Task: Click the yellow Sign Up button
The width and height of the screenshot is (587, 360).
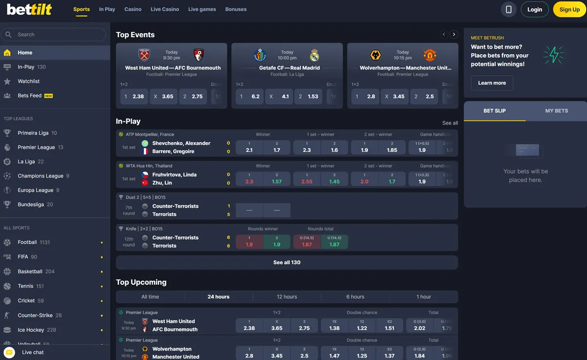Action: [569, 9]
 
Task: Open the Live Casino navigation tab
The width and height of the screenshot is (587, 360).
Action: [165, 9]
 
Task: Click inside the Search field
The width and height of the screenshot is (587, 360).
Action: [59, 35]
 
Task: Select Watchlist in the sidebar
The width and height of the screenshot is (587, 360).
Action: [28, 81]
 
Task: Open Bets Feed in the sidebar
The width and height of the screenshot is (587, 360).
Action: [29, 95]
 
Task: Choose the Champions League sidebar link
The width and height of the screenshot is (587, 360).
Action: [40, 176]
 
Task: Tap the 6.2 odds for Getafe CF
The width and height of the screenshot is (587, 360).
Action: [249, 96]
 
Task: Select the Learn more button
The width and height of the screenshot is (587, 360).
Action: [492, 83]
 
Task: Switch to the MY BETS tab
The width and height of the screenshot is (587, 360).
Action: [556, 111]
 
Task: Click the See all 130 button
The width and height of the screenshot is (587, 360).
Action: [287, 263]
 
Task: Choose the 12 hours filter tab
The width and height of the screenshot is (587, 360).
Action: [287, 297]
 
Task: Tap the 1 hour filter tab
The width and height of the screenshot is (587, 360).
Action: [424, 297]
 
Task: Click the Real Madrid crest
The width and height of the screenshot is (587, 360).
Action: [314, 55]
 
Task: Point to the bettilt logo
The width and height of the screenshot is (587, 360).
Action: [29, 9]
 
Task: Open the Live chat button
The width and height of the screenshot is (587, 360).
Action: [33, 352]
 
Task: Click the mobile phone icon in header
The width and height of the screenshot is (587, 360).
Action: [509, 9]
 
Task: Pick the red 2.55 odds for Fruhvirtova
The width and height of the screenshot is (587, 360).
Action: [307, 179]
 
